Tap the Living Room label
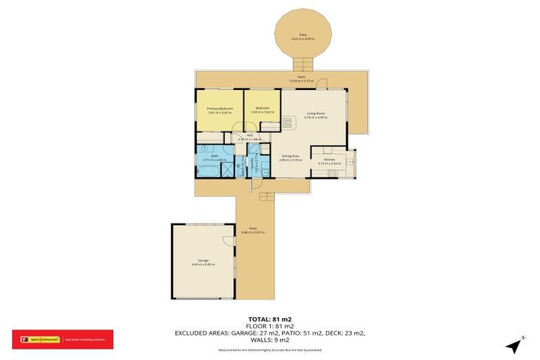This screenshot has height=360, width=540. pos(314,113)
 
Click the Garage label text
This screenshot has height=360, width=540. pos(203,263)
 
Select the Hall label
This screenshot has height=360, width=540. pos(250,136)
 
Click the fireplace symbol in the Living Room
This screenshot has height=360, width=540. pos(288,122)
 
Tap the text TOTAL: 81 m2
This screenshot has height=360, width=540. pos(270,319)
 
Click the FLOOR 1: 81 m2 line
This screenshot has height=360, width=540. pos(270,326)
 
